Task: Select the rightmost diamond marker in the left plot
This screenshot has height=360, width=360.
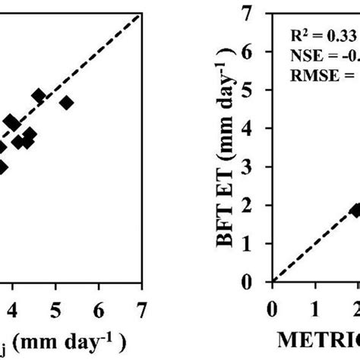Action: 66,103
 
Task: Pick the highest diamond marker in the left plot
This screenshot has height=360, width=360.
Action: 39,96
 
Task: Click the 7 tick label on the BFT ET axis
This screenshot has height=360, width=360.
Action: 265,13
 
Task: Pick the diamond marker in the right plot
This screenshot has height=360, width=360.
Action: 355,210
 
